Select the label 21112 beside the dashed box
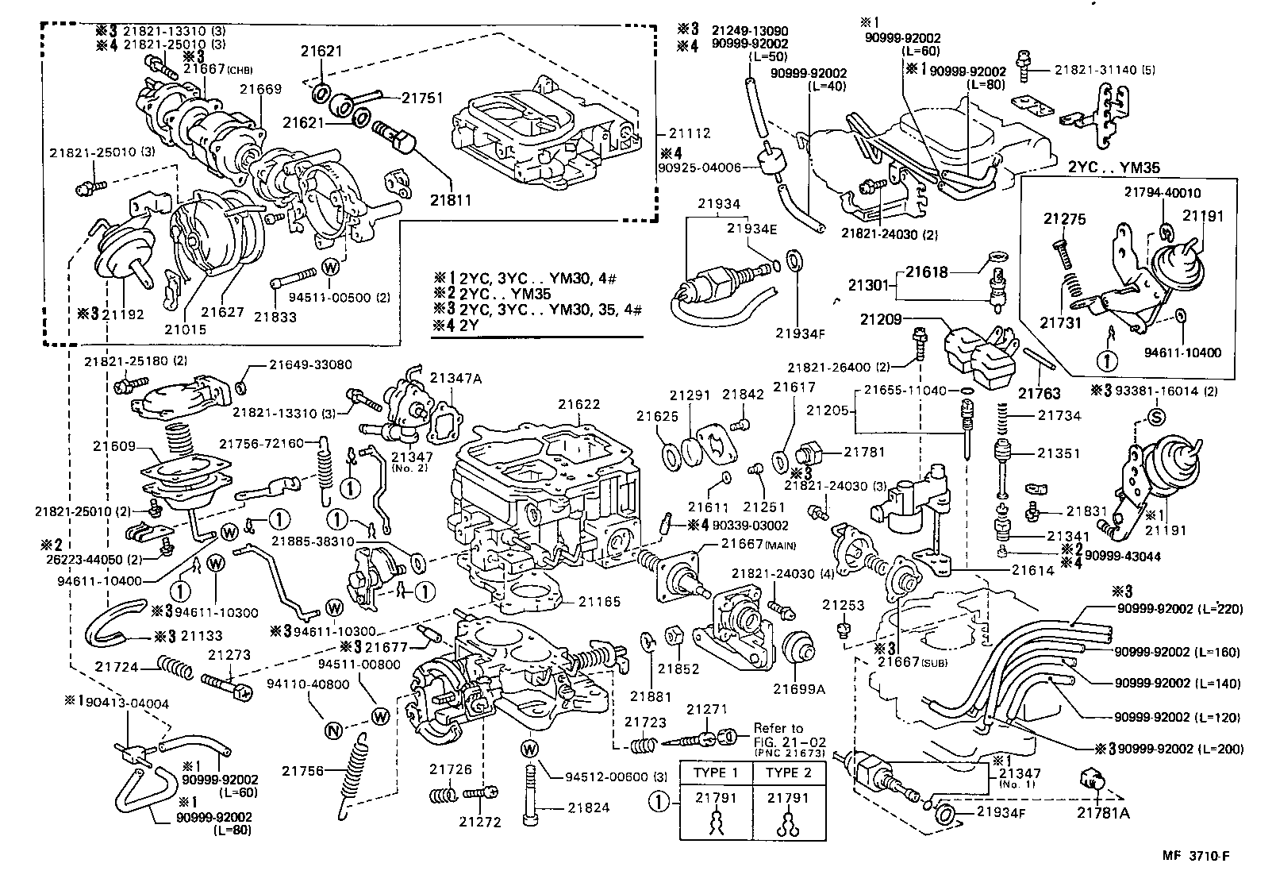click(689, 133)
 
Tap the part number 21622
click(578, 404)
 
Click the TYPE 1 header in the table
click(716, 773)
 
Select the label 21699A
click(799, 689)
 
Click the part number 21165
click(599, 603)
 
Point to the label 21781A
click(1103, 811)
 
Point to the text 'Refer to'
click(778, 727)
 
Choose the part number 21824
click(588, 807)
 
